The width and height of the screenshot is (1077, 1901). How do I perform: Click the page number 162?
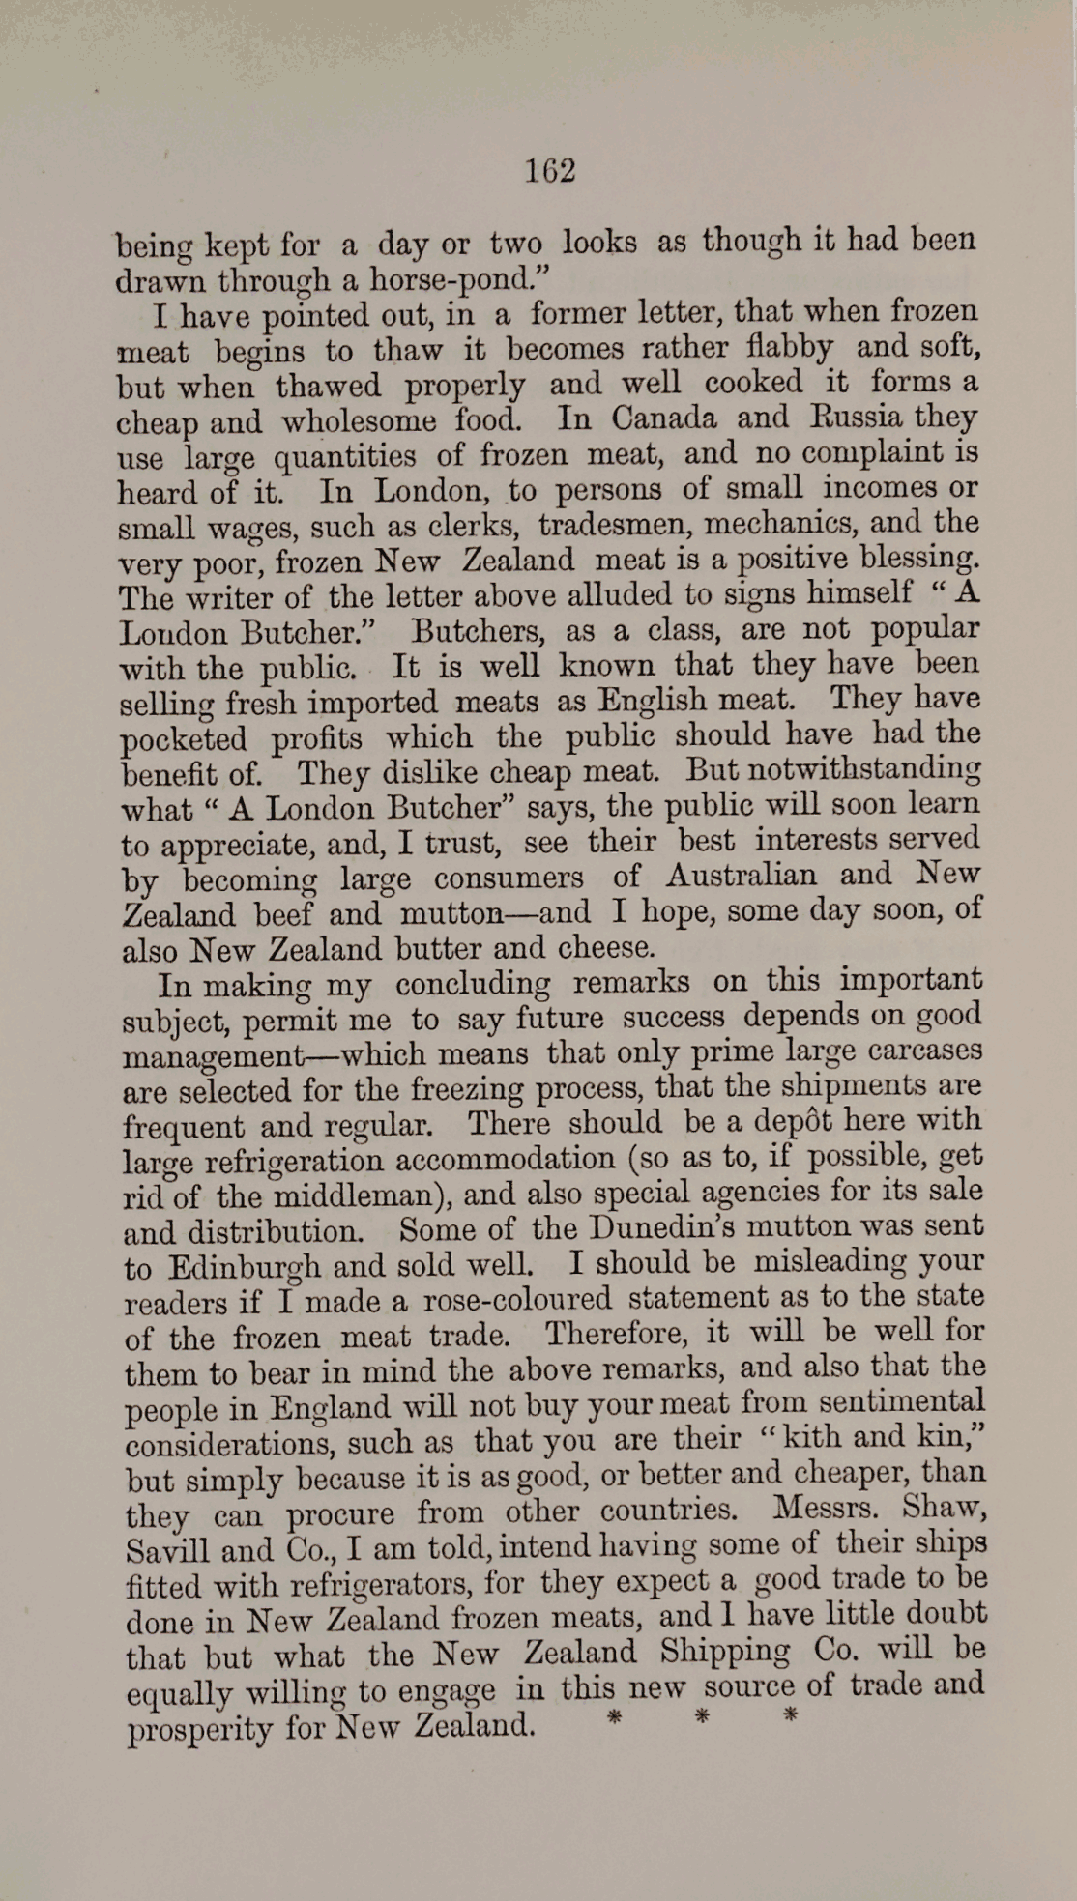click(x=550, y=171)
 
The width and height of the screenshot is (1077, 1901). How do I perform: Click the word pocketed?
click(x=184, y=739)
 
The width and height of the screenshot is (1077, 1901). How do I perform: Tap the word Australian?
click(x=741, y=876)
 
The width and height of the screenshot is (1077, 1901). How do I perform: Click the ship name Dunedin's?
click(x=696, y=1227)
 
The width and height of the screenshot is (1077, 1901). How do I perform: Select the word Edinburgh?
click(x=245, y=1267)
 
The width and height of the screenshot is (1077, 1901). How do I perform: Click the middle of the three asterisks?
click(x=703, y=1717)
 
